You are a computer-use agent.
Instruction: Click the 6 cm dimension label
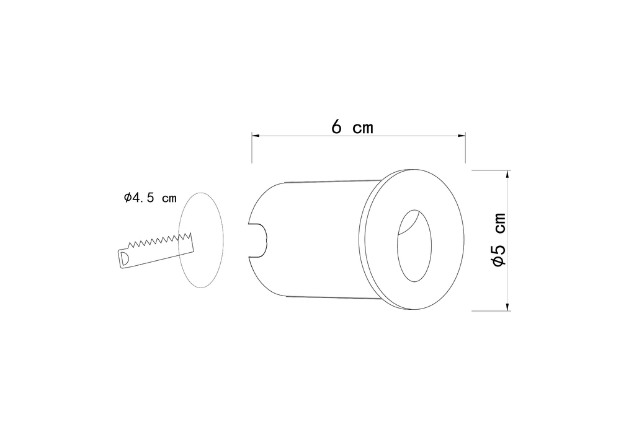pos(352,127)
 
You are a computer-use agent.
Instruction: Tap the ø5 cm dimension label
pos(499,240)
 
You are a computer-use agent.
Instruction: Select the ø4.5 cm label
pos(150,198)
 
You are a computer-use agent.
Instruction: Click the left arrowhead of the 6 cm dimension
pos(256,136)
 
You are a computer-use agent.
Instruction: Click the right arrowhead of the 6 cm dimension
pos(462,136)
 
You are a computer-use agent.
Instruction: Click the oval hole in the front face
pos(414,245)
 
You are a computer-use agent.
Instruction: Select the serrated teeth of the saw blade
pos(160,240)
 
